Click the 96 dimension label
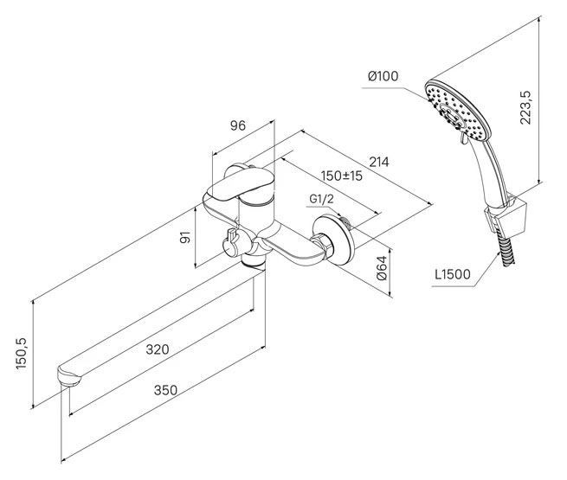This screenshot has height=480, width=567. pyautogui.click(x=237, y=125)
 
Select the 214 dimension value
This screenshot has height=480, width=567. pyautogui.click(x=379, y=162)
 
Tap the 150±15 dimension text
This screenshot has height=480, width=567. pyautogui.click(x=342, y=176)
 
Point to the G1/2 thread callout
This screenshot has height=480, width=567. pyautogui.click(x=321, y=199)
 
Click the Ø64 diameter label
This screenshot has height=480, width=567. pyautogui.click(x=382, y=267)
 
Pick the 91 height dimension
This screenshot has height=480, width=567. pyautogui.click(x=185, y=238)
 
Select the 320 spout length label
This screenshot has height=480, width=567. pyautogui.click(x=158, y=349)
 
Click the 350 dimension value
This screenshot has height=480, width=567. pyautogui.click(x=165, y=390)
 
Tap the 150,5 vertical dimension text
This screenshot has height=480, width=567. pyautogui.click(x=22, y=353)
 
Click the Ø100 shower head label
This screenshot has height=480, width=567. pyautogui.click(x=383, y=76)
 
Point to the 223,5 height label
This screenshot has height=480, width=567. pyautogui.click(x=525, y=107)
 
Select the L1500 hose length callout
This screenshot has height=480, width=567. pyautogui.click(x=453, y=274)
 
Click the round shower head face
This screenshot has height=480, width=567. pyautogui.click(x=457, y=110)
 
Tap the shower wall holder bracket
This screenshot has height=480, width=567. pyautogui.click(x=506, y=215)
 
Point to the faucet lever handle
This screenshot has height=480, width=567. pyautogui.click(x=237, y=184)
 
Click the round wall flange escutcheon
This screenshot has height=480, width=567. pyautogui.click(x=334, y=240)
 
